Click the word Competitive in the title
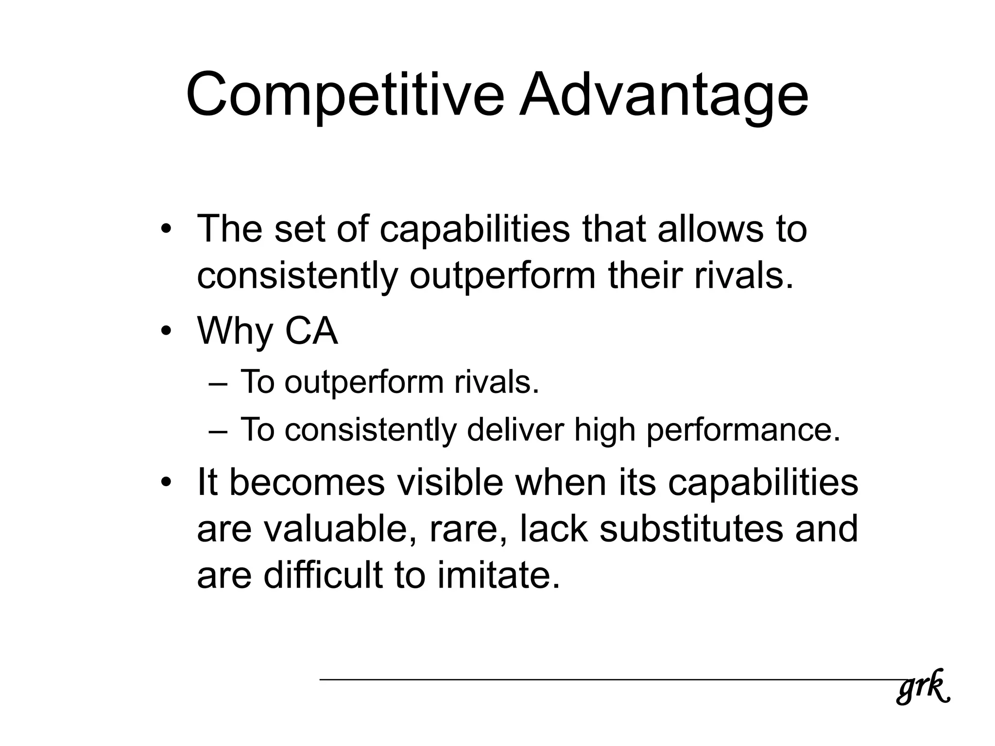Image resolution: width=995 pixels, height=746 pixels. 345,96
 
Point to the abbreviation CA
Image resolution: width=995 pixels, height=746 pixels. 311,331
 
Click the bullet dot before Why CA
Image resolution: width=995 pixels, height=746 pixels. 167,331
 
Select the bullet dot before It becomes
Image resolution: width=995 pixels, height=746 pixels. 167,483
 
